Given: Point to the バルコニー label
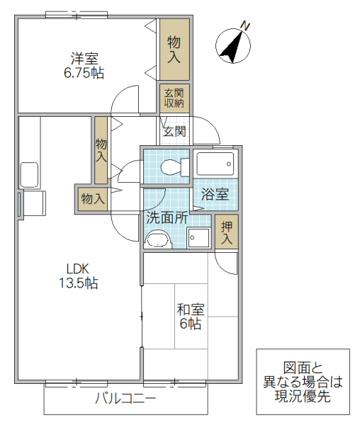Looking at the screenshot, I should tap(125, 398).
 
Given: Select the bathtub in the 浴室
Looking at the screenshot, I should tap(216, 165).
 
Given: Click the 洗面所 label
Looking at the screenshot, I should tap(167, 217).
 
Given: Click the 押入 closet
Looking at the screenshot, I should tap(226, 232).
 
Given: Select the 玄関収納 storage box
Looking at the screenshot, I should tap(174, 98).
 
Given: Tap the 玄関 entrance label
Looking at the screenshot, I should tap(174, 131).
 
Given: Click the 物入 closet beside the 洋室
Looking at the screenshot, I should tap(174, 49).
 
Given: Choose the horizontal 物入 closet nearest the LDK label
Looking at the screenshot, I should tap(92, 198).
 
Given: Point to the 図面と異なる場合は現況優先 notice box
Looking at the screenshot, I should tap(303, 382).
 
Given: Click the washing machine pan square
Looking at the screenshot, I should tap(199, 238).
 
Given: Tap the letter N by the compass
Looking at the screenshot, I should tap(245, 26).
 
